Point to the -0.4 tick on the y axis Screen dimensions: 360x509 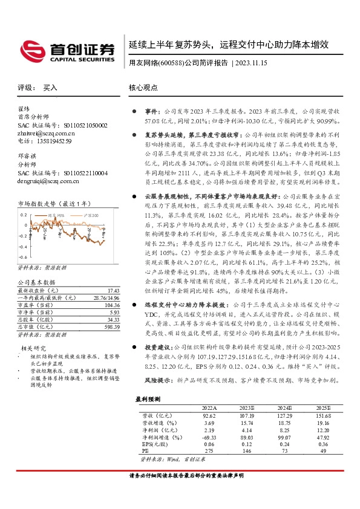[22, 247]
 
